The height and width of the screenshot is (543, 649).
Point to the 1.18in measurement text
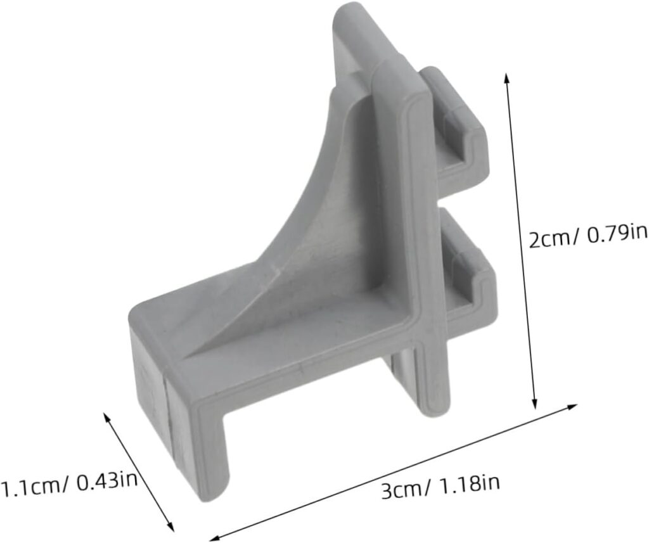(x=467, y=485)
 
